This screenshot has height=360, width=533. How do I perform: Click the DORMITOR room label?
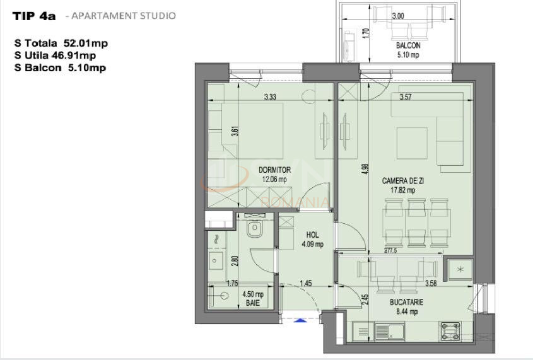[x=274, y=170]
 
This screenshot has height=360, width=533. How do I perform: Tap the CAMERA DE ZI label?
[x=399, y=181]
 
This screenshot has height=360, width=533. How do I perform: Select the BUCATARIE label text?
[x=406, y=302]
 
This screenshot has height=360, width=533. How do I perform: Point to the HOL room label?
[x=312, y=235]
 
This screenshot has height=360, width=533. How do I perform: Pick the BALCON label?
[x=408, y=45]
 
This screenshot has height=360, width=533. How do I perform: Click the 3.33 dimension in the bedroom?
[x=270, y=96]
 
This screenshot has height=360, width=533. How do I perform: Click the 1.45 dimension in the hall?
[x=306, y=283]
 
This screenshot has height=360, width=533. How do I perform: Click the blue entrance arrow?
[x=302, y=321]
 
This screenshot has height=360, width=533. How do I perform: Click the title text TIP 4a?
[x=35, y=16]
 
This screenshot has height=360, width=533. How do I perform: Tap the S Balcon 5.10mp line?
[x=59, y=67]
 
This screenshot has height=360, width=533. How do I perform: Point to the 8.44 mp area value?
[x=406, y=311]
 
